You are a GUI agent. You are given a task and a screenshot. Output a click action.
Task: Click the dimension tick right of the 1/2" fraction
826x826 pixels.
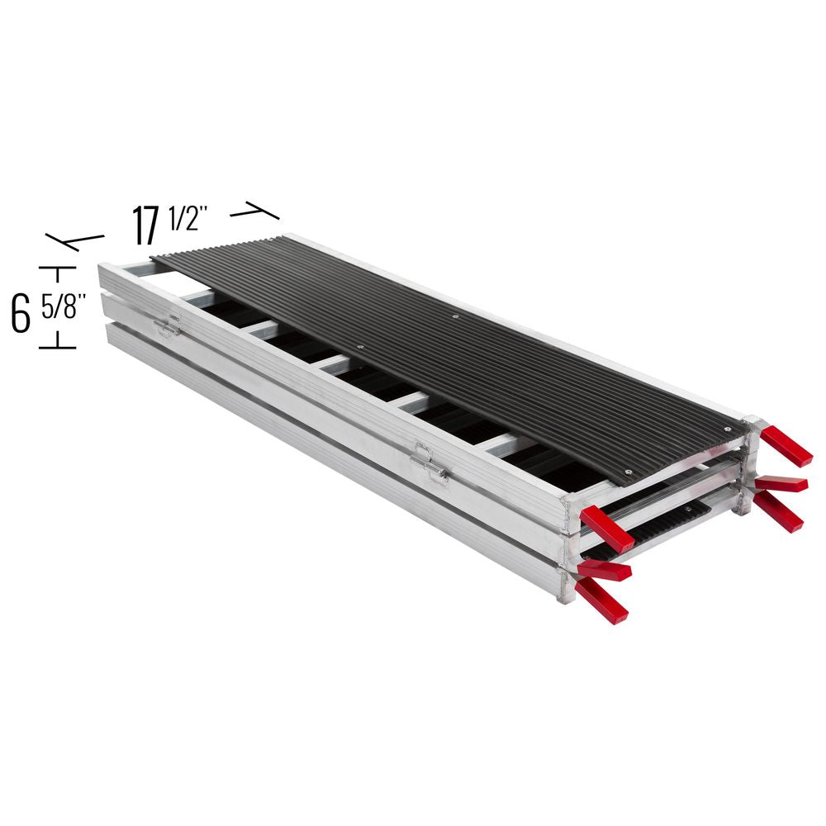pyautogui.click(x=255, y=213)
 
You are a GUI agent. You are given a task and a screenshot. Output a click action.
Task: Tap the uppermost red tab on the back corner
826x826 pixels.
pyautogui.click(x=786, y=446)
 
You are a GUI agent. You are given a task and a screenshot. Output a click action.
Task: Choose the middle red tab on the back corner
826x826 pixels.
pyautogui.click(x=781, y=484)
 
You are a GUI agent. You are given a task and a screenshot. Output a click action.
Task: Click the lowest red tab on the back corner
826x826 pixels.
pyautogui.click(x=776, y=513)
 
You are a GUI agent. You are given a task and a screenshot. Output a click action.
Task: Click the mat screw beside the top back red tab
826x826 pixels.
pyautogui.click(x=726, y=429)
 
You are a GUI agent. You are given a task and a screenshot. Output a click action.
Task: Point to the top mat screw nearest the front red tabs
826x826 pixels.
pyautogui.click(x=628, y=472)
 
